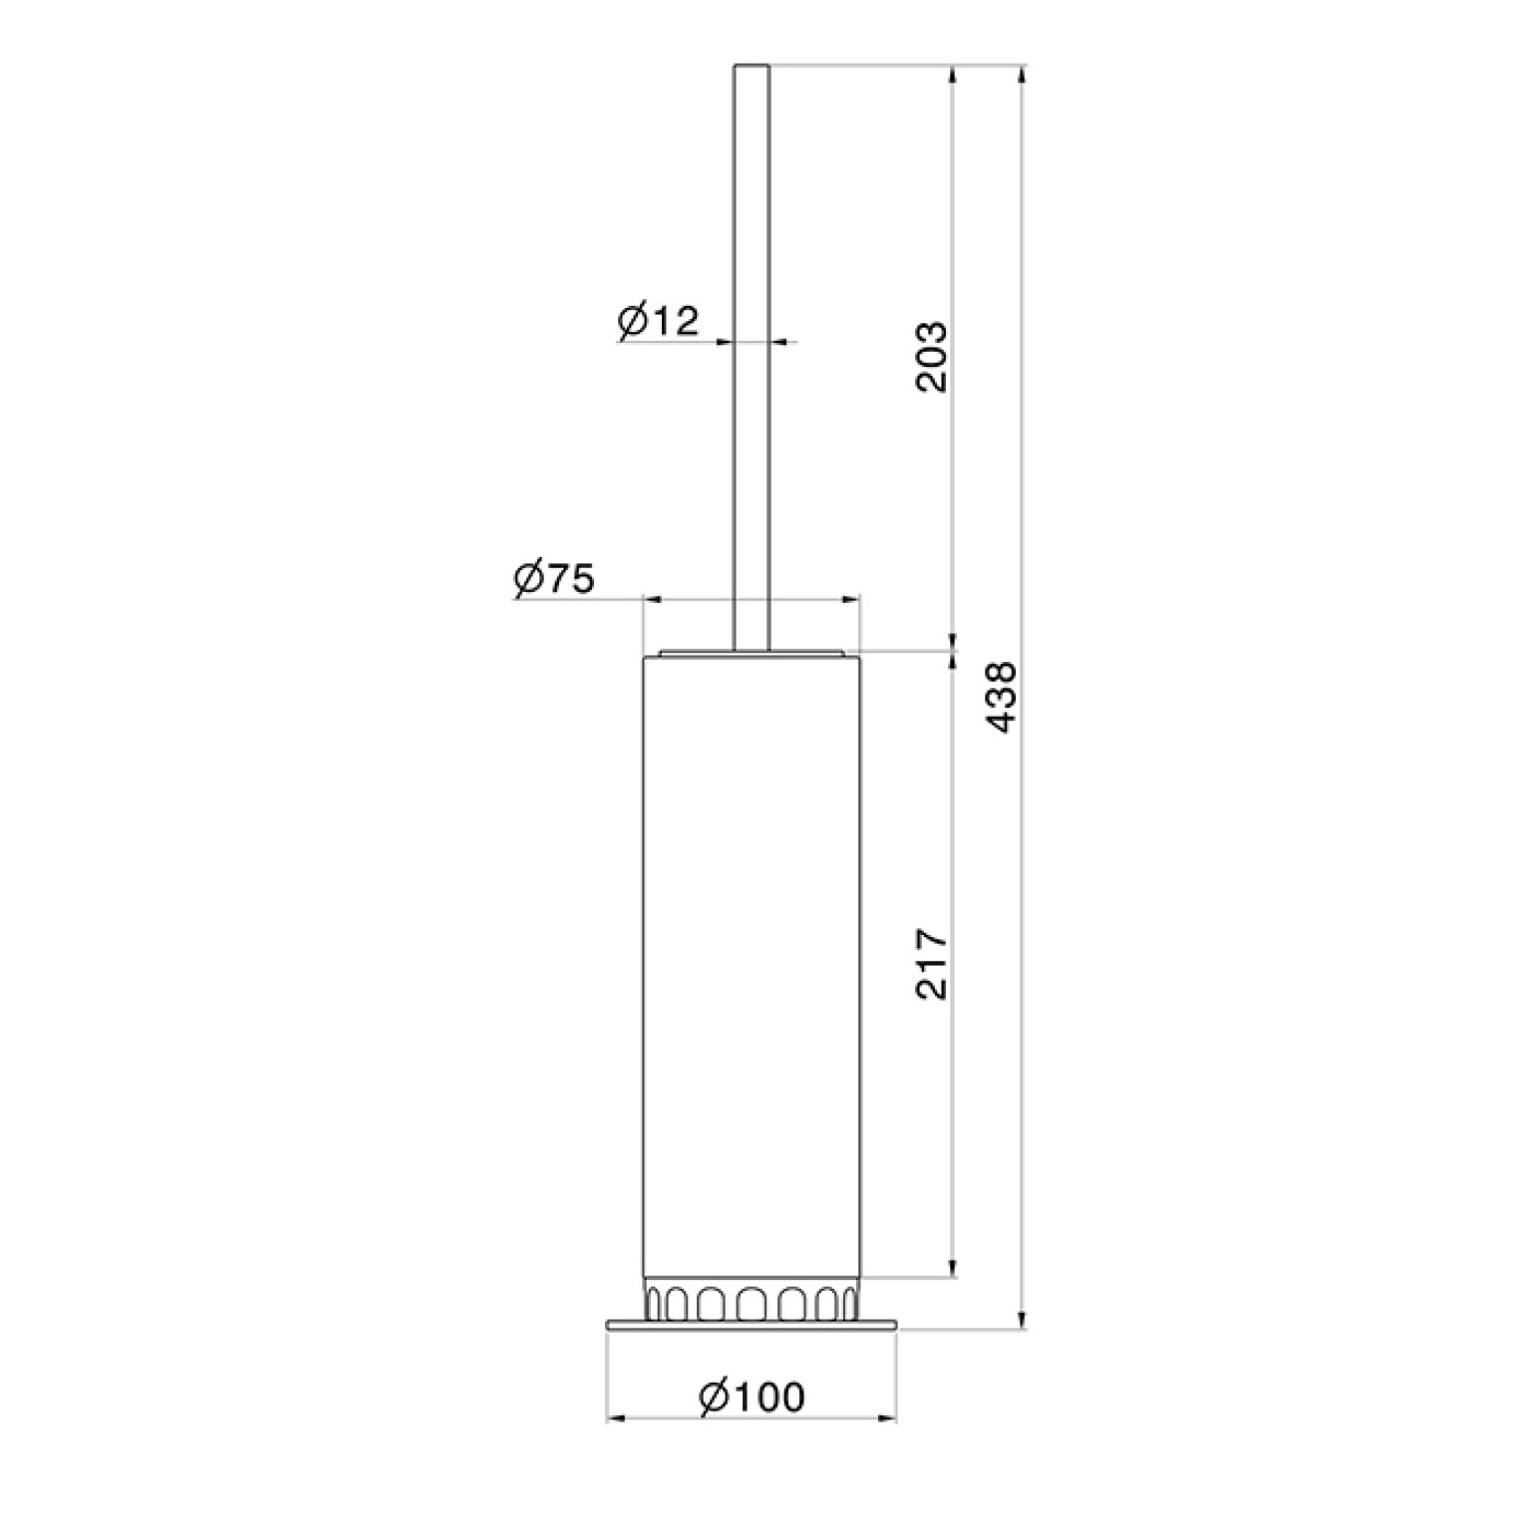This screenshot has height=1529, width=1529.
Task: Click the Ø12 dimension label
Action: [x=659, y=321]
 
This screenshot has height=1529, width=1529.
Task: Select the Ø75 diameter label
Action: [x=554, y=579]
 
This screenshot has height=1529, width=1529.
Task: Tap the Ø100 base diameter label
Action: [x=752, y=1397]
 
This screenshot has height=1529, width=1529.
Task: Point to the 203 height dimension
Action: [x=931, y=356]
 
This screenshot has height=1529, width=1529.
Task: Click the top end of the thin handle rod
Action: [x=752, y=67]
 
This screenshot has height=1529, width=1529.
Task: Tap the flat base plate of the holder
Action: [x=753, y=1325]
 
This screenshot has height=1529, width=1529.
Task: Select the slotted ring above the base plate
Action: [x=752, y=1299]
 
